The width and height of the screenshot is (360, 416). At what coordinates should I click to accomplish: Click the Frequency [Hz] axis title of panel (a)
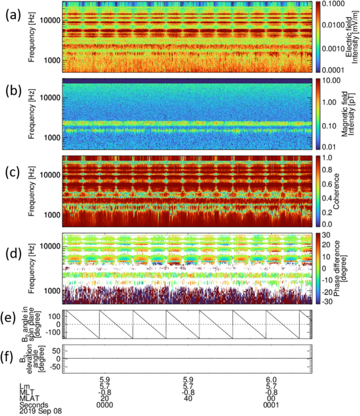tap(33, 35)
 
